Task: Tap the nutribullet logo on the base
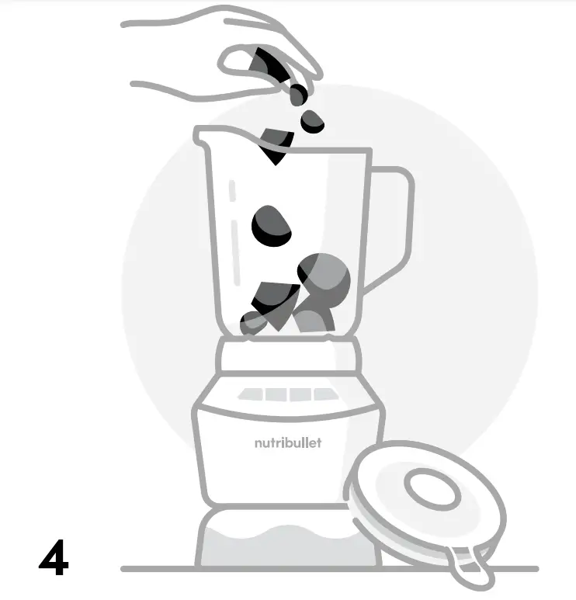pos(287,443)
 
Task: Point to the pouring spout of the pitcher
pos(203,137)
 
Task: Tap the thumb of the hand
pos(240,60)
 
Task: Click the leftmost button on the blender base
pos(251,394)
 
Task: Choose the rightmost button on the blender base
pos(324,394)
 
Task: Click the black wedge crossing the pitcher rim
pos(276,145)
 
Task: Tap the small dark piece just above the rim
pos(313,120)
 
